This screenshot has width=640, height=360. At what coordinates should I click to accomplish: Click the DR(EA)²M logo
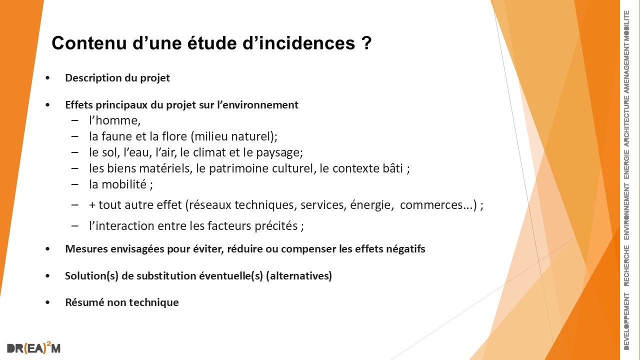(33, 347)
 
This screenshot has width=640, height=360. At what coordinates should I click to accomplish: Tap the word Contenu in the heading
(89, 43)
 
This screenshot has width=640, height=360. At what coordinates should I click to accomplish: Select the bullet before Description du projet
(47, 78)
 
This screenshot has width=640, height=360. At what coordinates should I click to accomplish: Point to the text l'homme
(115, 120)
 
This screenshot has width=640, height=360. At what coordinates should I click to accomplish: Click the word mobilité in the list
(124, 184)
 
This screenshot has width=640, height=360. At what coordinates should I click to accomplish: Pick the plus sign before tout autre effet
(92, 205)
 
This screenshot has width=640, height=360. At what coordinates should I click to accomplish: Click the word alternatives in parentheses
(299, 275)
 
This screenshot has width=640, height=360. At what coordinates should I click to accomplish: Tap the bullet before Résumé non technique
(47, 302)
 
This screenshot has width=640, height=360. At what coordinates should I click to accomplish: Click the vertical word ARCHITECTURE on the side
(626, 121)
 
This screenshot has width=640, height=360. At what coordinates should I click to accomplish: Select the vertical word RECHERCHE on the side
(626, 265)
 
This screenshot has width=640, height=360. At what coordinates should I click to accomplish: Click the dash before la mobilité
(75, 184)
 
